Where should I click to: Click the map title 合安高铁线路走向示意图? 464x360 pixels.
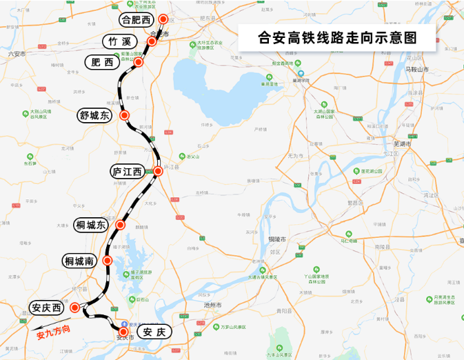tap(337, 37)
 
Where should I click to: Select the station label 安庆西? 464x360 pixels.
tap(46, 308)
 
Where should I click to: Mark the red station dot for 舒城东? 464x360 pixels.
tap(124, 115)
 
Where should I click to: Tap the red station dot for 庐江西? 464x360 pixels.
tap(157, 170)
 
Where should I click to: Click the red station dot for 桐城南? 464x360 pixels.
tap(108, 261)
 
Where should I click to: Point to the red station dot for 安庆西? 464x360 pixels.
tap(75, 308)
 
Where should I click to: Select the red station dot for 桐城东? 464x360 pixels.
tap(121, 225)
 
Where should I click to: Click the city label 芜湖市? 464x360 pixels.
tap(401, 144)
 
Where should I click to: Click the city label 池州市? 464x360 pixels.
tap(212, 304)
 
